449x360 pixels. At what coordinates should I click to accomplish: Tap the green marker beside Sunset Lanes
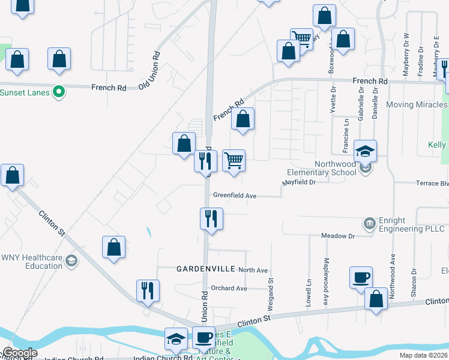click(59, 92)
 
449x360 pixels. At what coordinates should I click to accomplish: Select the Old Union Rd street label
click(149, 70)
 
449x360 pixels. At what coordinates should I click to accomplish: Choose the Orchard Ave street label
click(229, 288)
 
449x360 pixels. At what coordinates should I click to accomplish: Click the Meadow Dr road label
click(338, 236)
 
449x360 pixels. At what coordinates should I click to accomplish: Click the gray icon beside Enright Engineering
click(370, 224)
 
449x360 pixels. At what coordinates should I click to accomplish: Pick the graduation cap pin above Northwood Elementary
click(365, 152)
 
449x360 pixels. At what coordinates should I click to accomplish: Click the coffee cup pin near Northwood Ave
click(361, 278)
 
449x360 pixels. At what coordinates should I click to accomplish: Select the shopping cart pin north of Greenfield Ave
click(234, 161)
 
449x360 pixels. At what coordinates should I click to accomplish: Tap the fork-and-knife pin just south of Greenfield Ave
click(211, 219)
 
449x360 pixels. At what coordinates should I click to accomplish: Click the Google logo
click(20, 353)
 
